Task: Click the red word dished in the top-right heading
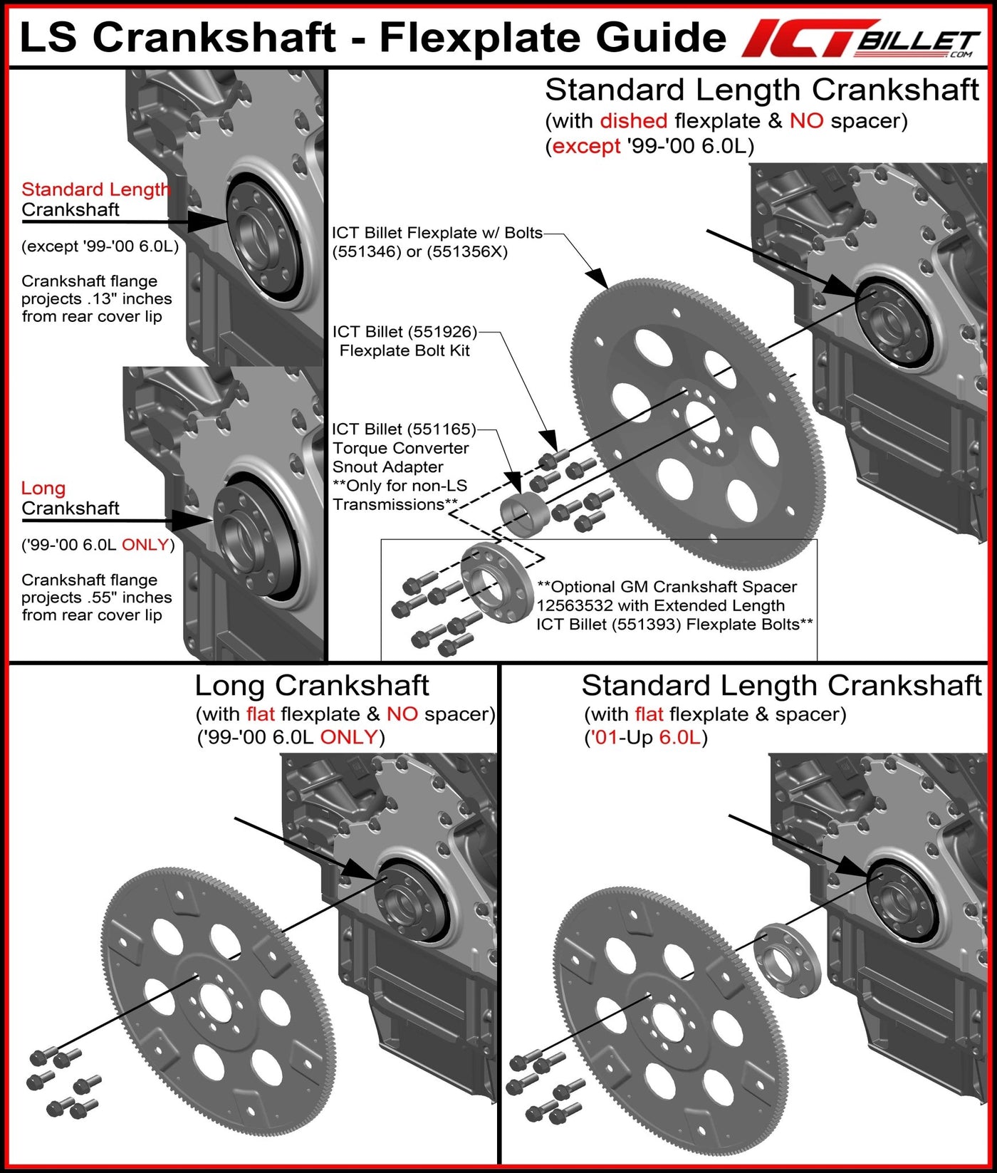coord(633,121)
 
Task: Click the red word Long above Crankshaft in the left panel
coord(43,489)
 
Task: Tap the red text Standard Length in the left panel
coord(95,189)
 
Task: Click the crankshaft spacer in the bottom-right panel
coord(786,958)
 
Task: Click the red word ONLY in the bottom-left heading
coord(348,736)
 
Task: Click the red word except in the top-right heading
coord(586,147)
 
